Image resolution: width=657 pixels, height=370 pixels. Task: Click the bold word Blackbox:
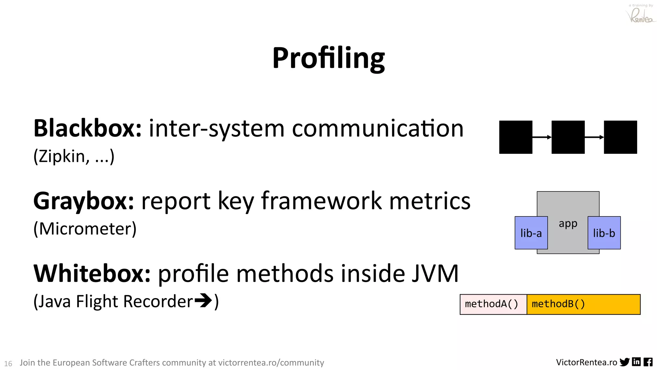pos(87,128)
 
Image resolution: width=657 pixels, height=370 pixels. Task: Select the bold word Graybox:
pos(83,201)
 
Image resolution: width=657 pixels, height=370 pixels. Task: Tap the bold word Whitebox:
pos(92,274)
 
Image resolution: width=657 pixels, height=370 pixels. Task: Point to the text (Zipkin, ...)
pos(74,157)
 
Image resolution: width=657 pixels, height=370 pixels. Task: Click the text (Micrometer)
pos(85,229)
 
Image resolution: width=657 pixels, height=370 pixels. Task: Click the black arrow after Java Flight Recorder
pos(203,301)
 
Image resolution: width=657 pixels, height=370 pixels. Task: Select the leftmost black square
pos(516,137)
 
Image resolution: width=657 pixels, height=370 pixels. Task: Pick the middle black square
pos(568,137)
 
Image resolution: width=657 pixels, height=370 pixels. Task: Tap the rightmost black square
pos(620,137)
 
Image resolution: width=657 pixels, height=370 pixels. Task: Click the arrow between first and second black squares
pos(542,137)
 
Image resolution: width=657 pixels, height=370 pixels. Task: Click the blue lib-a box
pos(531,233)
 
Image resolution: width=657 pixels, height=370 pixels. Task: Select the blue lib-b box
pos(604,233)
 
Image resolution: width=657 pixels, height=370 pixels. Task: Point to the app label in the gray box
pos(568,223)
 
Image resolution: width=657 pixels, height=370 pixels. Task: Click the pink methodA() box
pos(493,304)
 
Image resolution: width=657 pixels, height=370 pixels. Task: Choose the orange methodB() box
pos(583,304)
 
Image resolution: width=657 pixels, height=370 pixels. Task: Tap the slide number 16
pos(8,364)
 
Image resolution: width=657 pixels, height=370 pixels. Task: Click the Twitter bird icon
pos(624,362)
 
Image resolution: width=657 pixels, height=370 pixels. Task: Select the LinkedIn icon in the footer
pos(636,362)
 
